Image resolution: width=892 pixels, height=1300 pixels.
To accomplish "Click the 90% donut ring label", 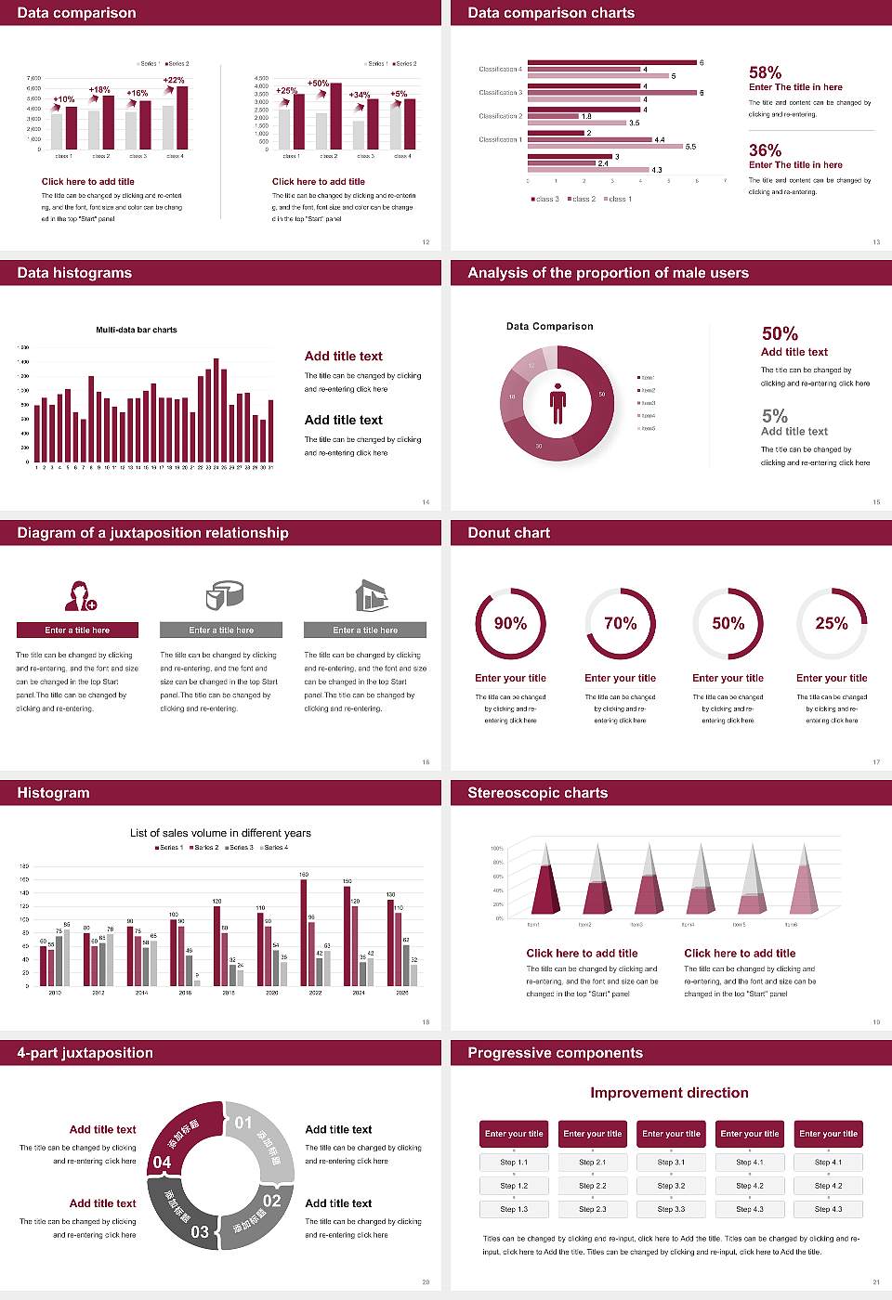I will (x=510, y=624).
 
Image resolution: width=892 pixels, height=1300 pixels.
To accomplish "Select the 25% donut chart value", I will (x=832, y=624).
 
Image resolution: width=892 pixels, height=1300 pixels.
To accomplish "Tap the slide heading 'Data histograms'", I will (x=74, y=273).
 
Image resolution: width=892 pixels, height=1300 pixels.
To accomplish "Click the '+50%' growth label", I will (x=318, y=84).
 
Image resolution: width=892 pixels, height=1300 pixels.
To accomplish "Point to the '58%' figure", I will (x=765, y=72).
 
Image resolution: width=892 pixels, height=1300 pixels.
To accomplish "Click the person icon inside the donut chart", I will (x=557, y=402).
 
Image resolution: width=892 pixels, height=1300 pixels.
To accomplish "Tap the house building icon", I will (x=372, y=595).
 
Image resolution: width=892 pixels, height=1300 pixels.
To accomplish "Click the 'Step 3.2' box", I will (x=671, y=1186).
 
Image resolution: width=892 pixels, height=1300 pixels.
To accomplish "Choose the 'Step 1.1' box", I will (x=514, y=1163).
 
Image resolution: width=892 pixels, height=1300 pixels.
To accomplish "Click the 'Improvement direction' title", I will (x=669, y=1093).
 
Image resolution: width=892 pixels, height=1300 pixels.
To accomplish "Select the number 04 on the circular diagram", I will (x=163, y=1162).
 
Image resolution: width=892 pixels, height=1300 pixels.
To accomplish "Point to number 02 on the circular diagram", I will (x=271, y=1201).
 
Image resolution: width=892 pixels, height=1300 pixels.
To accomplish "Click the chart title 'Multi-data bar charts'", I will (x=137, y=330).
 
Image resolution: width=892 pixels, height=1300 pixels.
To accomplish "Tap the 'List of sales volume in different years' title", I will (x=220, y=833).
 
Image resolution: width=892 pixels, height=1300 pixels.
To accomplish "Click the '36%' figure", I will (x=765, y=150).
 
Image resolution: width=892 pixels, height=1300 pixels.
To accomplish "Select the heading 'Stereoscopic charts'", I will (x=537, y=793).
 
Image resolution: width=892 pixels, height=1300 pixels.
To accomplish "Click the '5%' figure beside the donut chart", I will (x=774, y=416).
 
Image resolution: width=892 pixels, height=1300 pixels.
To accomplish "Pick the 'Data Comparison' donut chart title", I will (x=549, y=327).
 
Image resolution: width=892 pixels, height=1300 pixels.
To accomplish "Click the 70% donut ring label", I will (x=621, y=624).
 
